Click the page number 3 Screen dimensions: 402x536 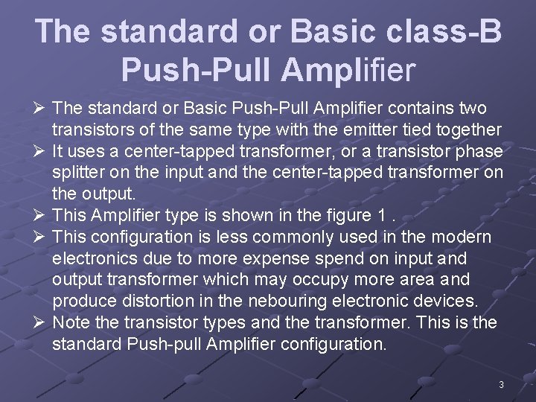coord(502,385)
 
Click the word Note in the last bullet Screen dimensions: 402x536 coord(71,322)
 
